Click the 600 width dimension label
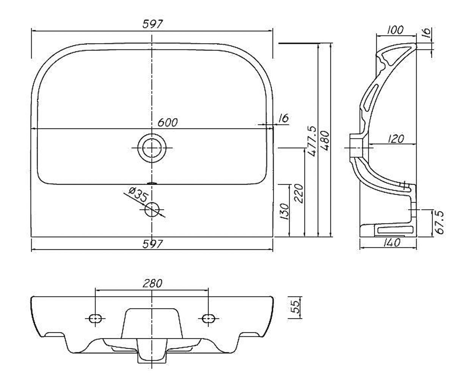[167, 122]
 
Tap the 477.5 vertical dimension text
[312, 141]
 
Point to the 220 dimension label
[298, 193]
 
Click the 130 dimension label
[284, 211]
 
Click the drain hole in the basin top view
[152, 148]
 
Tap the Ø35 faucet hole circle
[152, 210]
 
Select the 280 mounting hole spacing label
[152, 283]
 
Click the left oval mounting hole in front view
[96, 318]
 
